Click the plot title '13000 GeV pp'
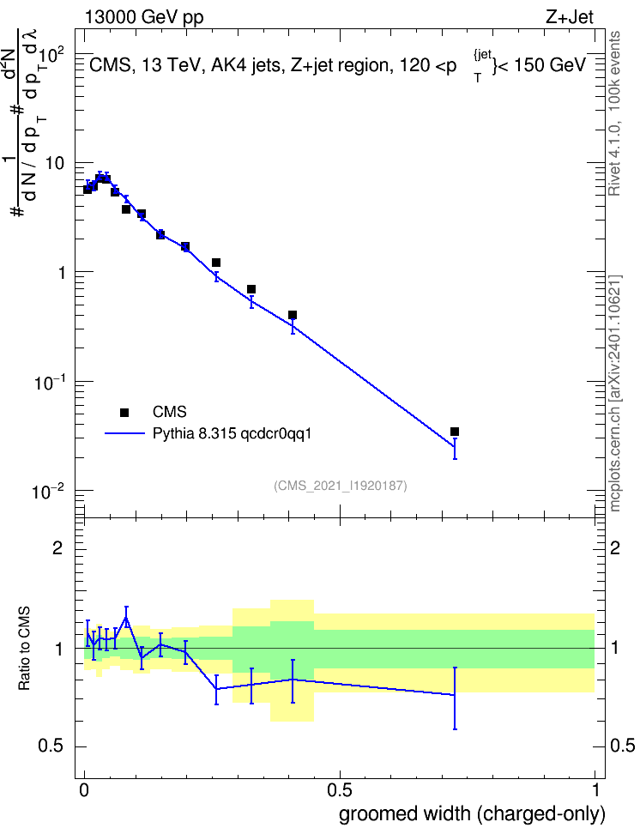coord(143,17)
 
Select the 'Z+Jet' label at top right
coord(570,17)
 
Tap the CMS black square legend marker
coord(124,412)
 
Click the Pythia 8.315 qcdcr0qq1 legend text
coord(232,434)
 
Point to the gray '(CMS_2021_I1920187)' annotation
coord(341,486)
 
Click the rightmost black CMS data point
coord(455,432)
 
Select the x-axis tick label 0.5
coord(340,790)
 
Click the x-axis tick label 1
coord(595,790)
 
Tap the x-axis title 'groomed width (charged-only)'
coord(472,814)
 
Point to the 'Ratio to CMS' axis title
coord(24,649)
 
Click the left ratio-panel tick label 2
coord(57,547)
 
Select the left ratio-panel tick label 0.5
coord(51,746)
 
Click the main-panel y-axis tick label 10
coord(55,163)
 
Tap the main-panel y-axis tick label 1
coord(61,273)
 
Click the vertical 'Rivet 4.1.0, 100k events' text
coord(614,113)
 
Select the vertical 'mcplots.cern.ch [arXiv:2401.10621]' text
coord(615,393)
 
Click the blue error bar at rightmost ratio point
coord(455,698)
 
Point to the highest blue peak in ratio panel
coord(126,618)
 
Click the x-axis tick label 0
coord(84,790)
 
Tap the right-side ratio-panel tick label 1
coord(615,649)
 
